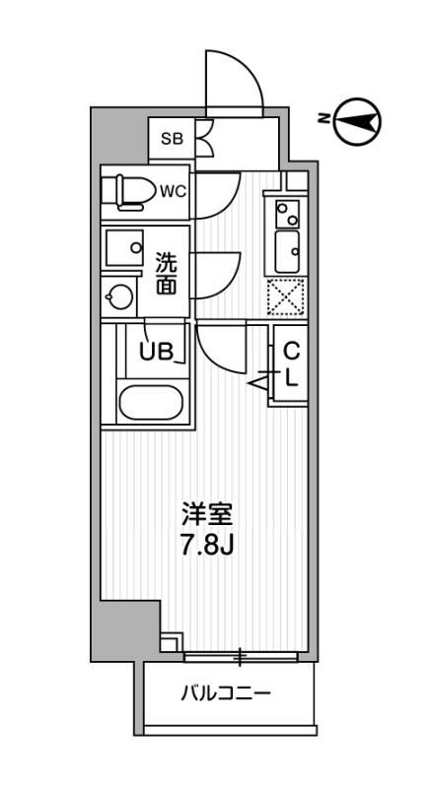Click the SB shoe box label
pyautogui.click(x=172, y=139)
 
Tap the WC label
pyautogui.click(x=173, y=191)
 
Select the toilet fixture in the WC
pyautogui.click(x=128, y=191)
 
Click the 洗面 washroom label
pyautogui.click(x=166, y=274)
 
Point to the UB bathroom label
pyautogui.click(x=157, y=352)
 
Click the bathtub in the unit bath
pyautogui.click(x=151, y=403)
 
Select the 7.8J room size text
pyautogui.click(x=206, y=545)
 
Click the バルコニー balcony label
pyautogui.click(x=226, y=694)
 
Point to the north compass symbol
pyautogui.click(x=358, y=121)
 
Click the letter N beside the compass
pyautogui.click(x=324, y=119)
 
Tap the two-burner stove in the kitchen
pyautogui.click(x=287, y=214)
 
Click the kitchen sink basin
pyautogui.click(x=287, y=252)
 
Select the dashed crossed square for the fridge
pyautogui.click(x=286, y=296)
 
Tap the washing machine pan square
pyautogui.click(x=124, y=248)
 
